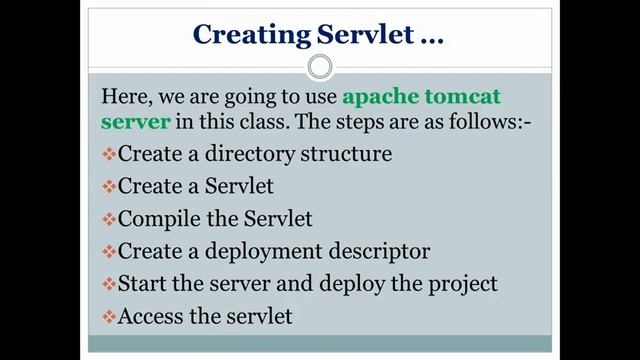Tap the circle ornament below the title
[x=320, y=67]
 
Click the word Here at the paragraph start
[x=125, y=98]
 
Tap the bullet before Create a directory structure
[x=109, y=156]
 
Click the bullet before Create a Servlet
[x=109, y=187]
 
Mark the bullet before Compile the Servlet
[x=109, y=219]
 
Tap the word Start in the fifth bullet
[x=142, y=284]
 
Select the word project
[x=461, y=284]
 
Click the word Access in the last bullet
[x=151, y=317]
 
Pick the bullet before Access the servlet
[x=109, y=317]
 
